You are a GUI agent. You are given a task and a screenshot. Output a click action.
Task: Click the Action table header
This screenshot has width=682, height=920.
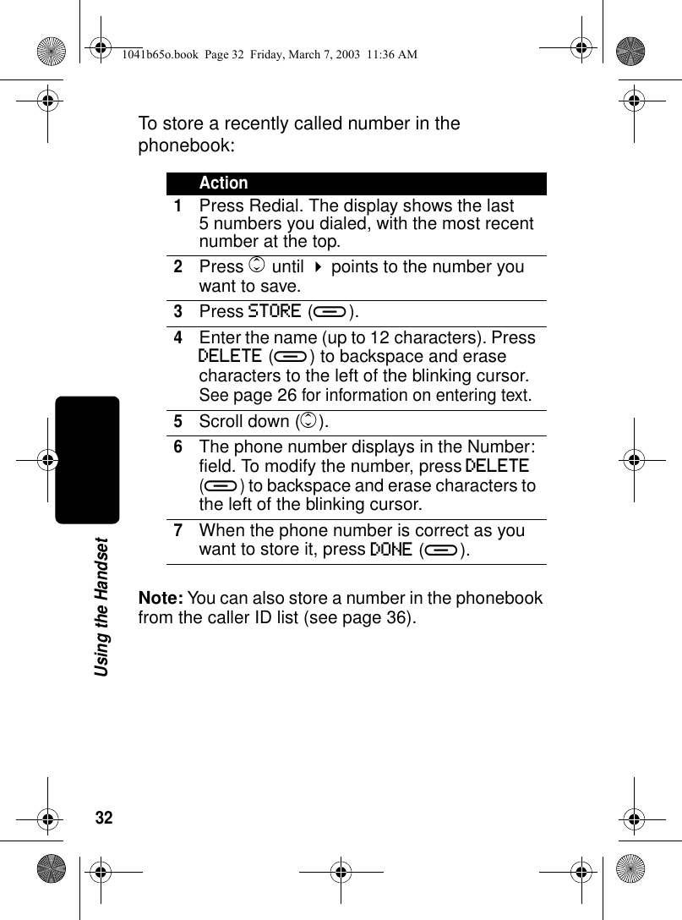[224, 183]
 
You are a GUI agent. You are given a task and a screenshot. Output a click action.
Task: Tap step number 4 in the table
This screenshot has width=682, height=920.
[178, 337]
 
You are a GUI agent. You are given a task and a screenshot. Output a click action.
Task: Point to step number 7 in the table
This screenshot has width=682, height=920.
[178, 530]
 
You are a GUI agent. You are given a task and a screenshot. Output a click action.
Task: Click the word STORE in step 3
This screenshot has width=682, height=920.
[275, 311]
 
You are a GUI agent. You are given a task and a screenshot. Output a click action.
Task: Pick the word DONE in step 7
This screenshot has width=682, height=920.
[390, 550]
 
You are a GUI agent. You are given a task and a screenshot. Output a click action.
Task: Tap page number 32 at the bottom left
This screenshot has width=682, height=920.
[104, 818]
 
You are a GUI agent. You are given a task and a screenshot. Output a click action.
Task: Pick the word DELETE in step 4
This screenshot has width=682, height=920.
[229, 356]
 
